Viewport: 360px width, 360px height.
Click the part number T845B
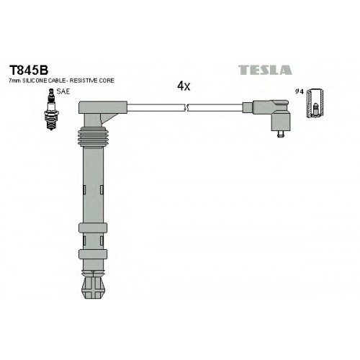(x=29, y=71)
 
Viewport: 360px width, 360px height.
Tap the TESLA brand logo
(x=265, y=70)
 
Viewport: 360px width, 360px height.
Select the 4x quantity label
(x=184, y=86)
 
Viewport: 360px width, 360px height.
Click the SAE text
(x=63, y=91)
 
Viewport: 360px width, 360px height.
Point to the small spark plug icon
(x=50, y=109)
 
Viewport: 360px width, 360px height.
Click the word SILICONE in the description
(x=35, y=81)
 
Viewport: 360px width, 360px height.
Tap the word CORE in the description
(x=107, y=81)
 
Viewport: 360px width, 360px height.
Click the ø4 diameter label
(x=300, y=91)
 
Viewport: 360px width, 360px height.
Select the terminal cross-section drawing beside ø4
(x=315, y=103)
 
